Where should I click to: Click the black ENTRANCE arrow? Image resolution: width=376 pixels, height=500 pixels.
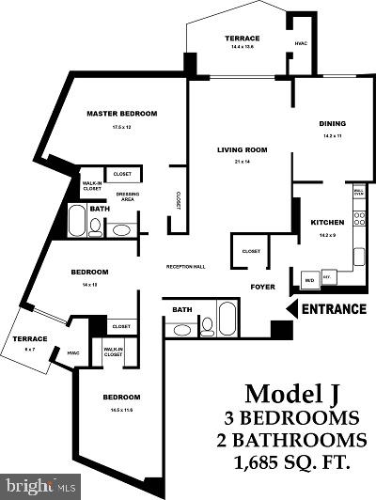point(291,307)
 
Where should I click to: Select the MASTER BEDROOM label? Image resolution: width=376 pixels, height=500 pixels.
point(121,113)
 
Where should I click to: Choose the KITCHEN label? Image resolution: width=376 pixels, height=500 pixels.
point(328,222)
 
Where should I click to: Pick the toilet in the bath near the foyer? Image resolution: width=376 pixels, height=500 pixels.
point(208,325)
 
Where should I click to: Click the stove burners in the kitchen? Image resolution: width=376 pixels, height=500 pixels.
point(359,250)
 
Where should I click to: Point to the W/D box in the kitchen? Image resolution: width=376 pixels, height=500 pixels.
point(308,279)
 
